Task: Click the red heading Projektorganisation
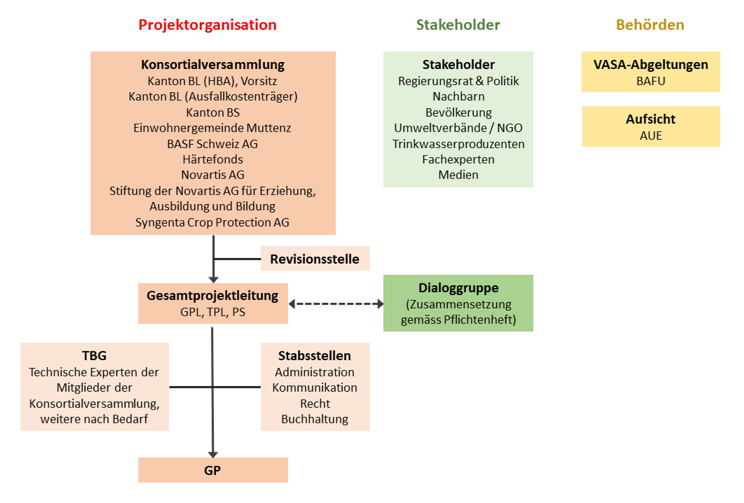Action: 207,25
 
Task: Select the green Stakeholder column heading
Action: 458,25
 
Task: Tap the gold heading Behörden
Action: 650,25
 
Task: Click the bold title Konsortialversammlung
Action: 213,65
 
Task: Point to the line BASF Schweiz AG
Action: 212,144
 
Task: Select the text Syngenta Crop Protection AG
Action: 212,222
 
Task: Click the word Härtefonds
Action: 213,159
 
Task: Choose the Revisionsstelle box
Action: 315,259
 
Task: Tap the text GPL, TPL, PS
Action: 213,312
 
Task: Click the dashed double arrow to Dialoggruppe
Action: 336,304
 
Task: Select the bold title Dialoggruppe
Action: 458,288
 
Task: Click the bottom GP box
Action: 213,470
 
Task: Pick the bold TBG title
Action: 94,356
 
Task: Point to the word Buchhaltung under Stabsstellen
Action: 315,419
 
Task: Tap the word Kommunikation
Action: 315,388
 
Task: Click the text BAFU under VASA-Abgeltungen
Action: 651,81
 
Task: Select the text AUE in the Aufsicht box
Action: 651,136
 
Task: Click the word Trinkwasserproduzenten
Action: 458,144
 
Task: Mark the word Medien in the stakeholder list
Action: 458,175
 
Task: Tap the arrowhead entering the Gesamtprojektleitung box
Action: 213,280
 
